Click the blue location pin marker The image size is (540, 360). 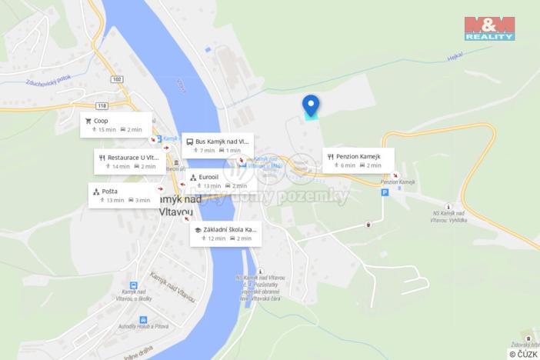pyautogui.click(x=311, y=104)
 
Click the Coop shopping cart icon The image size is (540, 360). pyautogui.click(x=88, y=121)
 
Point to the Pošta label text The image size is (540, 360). pyautogui.click(x=109, y=191)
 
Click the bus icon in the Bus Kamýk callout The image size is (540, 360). pyautogui.click(x=188, y=142)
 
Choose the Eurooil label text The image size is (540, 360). pyautogui.click(x=208, y=177)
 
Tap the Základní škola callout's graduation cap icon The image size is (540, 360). pyautogui.click(x=198, y=229)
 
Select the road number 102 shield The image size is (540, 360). pyautogui.click(x=117, y=78)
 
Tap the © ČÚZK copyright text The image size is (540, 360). pyautogui.click(x=523, y=354)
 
